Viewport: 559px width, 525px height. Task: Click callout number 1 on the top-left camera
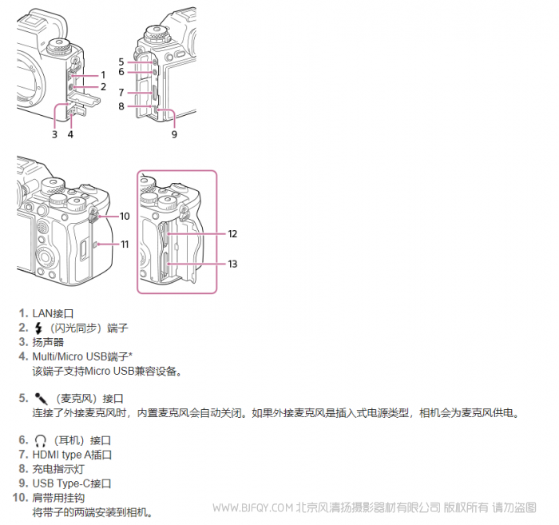(103, 74)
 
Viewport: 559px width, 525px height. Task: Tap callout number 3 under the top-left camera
(54, 134)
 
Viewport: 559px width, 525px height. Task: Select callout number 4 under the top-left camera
(70, 134)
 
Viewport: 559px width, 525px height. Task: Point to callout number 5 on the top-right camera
(121, 61)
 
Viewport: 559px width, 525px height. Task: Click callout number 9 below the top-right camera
(174, 134)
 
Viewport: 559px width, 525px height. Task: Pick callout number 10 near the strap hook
(125, 216)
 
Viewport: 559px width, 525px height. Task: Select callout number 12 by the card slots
(232, 234)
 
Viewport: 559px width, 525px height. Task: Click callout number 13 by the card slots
(232, 263)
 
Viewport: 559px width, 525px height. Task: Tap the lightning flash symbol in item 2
(38, 328)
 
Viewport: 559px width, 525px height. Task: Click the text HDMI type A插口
(72, 455)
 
